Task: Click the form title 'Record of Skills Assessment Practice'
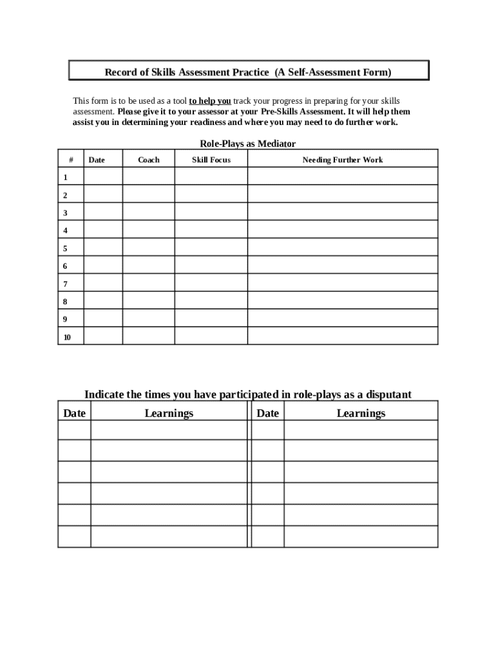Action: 187,72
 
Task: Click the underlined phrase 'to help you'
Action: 209,101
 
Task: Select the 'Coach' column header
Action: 149,160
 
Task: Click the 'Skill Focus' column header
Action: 211,160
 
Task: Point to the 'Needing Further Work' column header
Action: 343,160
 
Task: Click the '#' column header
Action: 71,160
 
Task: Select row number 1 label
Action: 65,177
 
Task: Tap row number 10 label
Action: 67,337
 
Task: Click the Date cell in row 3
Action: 103,212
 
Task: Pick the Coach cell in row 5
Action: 148,247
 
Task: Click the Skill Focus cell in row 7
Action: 211,283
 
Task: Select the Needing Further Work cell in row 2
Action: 343,194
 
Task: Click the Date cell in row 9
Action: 103,318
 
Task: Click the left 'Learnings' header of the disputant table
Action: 169,413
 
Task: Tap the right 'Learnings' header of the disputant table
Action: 361,413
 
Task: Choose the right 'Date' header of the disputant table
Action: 267,413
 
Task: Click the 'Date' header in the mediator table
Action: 97,160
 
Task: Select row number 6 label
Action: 65,266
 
